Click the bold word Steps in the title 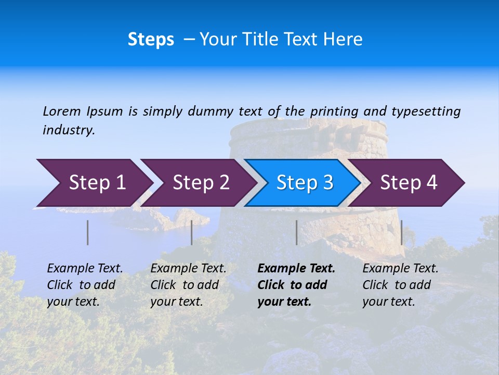pos(151,40)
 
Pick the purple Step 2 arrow pos(201,183)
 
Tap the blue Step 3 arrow pos(304,183)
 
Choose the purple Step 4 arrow pos(409,183)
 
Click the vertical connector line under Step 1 pos(88,232)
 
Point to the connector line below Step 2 pos(192,232)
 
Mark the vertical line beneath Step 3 pos(296,232)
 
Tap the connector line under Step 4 pos(401,232)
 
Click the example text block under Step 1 pos(85,285)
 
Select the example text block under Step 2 pos(188,285)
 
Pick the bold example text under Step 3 pos(296,285)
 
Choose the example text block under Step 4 pos(400,285)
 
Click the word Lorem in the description pos(62,111)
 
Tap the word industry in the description pos(69,130)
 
